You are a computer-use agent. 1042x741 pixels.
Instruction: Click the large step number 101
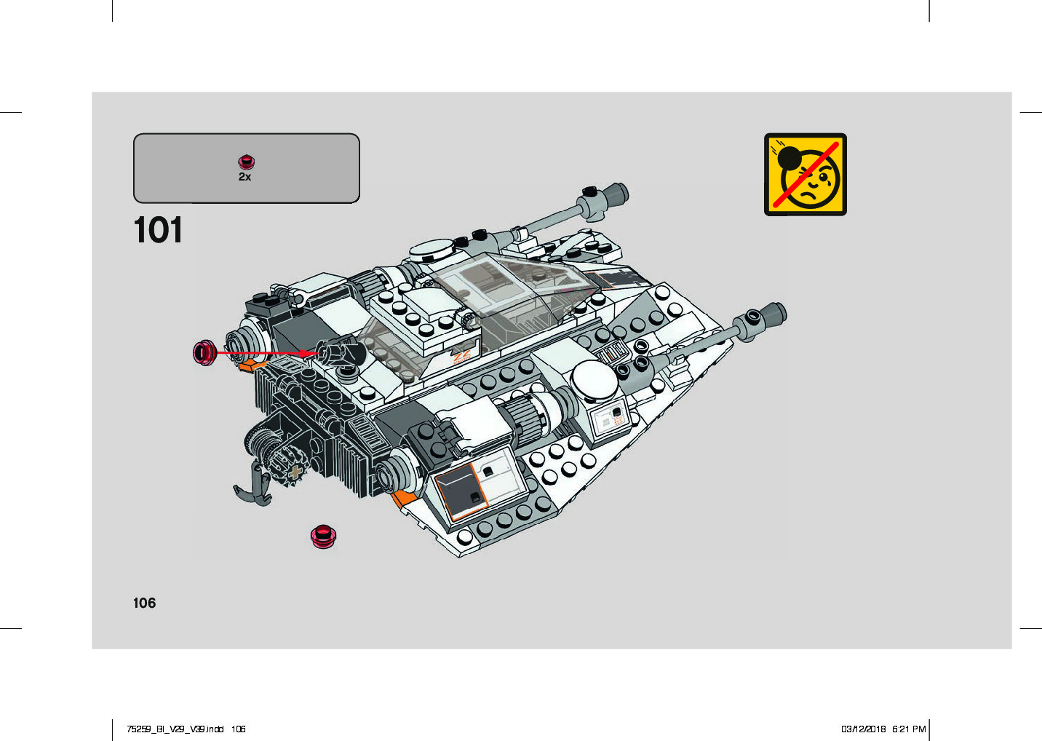158,230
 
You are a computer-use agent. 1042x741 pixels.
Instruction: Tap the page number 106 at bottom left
144,603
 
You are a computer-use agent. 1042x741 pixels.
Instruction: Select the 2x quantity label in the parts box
244,177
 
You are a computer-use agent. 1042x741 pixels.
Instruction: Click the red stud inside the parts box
247,162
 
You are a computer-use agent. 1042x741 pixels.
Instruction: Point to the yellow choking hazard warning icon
805,174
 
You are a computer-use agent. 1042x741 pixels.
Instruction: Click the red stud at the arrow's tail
204,352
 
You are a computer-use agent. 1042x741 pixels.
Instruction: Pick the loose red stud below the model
323,536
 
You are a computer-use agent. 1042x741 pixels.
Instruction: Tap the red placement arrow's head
311,353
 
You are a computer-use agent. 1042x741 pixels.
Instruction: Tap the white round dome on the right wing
594,379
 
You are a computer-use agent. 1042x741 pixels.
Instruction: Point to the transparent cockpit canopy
502,291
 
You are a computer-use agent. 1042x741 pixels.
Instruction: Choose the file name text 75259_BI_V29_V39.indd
175,729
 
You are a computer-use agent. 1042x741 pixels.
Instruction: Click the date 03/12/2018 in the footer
863,729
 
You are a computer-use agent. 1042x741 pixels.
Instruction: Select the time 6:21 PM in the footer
909,729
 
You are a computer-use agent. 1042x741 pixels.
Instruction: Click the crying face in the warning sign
814,183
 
